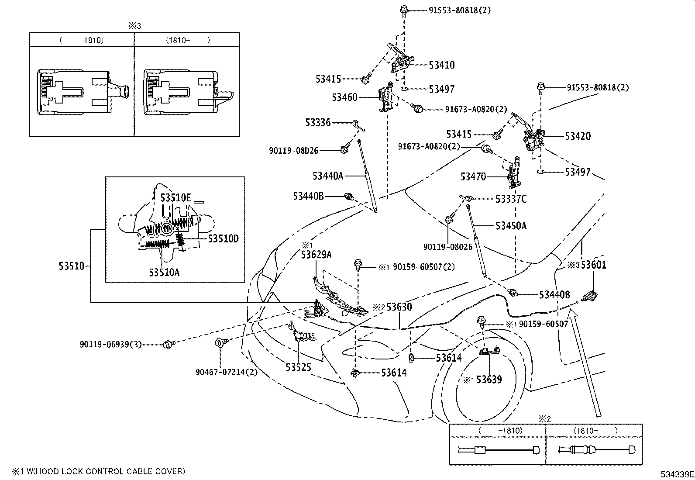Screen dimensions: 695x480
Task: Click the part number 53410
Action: click(x=441, y=65)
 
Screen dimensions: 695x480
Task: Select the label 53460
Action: click(x=344, y=97)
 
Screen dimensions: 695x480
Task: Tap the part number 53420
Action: click(x=578, y=136)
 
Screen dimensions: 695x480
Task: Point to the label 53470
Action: click(x=473, y=176)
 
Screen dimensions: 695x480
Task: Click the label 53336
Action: click(x=318, y=123)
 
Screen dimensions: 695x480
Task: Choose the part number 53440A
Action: click(x=328, y=176)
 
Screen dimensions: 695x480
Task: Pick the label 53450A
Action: click(x=511, y=226)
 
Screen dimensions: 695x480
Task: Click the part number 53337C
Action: click(x=511, y=199)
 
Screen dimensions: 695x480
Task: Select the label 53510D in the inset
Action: click(x=223, y=239)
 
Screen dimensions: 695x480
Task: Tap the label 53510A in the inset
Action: click(x=164, y=273)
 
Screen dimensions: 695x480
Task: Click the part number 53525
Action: click(x=298, y=368)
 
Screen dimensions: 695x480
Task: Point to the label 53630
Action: click(x=399, y=307)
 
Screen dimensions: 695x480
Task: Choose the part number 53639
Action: click(x=489, y=380)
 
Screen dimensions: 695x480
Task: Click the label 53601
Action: click(x=593, y=265)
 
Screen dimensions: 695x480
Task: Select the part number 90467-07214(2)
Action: click(x=227, y=372)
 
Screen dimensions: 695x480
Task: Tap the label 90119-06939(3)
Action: click(x=111, y=344)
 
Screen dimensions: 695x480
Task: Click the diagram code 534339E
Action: click(x=677, y=474)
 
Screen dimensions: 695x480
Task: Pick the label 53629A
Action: click(x=316, y=255)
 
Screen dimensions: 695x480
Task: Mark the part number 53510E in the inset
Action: click(x=175, y=198)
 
